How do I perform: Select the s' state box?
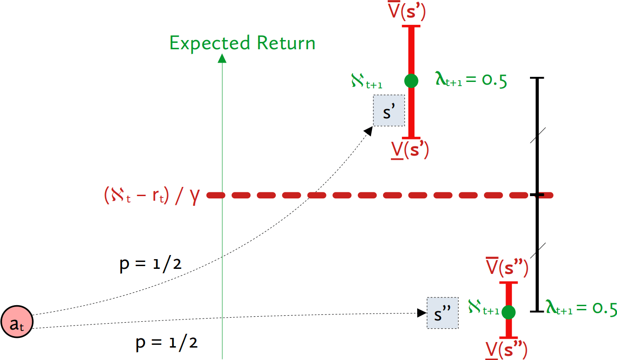coord(389,110)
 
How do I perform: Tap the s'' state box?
coord(442,313)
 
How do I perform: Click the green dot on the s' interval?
coord(411,81)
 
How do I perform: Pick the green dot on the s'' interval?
coord(508,312)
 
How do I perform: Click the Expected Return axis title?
coord(242,43)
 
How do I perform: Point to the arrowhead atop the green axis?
coord(222,58)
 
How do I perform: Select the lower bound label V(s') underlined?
coord(410,150)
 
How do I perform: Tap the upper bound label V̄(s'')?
coord(506,267)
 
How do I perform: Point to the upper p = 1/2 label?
coord(150,266)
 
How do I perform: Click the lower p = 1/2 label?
coord(167,343)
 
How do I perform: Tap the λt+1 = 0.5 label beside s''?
coord(581,308)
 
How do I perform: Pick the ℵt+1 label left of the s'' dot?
coord(483,307)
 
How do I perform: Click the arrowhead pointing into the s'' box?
coord(422,313)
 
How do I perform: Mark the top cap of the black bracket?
coord(537,78)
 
